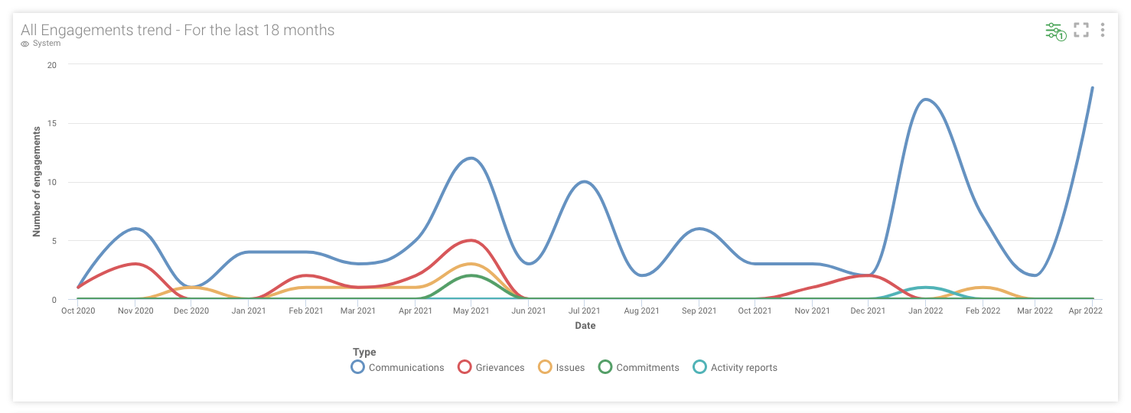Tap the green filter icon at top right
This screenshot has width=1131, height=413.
[x=1054, y=31]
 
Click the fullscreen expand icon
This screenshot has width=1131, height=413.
[x=1080, y=30]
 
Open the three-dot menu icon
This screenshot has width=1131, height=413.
[x=1102, y=30]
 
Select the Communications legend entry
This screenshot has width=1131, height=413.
[x=398, y=367]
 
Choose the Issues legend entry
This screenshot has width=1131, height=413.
[x=562, y=367]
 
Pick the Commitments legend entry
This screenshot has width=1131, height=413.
[x=639, y=367]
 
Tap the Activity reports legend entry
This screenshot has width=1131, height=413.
[x=735, y=367]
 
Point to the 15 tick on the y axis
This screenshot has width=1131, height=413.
[x=51, y=123]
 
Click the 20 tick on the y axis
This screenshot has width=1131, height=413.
[x=51, y=65]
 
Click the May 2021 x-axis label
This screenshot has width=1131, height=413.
[x=471, y=311]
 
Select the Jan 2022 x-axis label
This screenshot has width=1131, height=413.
[x=926, y=311]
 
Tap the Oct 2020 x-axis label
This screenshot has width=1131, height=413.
[x=78, y=311]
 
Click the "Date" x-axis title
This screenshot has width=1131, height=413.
[x=585, y=326]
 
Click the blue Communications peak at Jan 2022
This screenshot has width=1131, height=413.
[x=926, y=99]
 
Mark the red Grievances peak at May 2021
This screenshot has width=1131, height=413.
[x=471, y=240]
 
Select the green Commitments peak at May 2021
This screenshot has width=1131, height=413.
[x=471, y=275]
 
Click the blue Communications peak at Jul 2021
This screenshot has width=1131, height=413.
[x=585, y=181]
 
